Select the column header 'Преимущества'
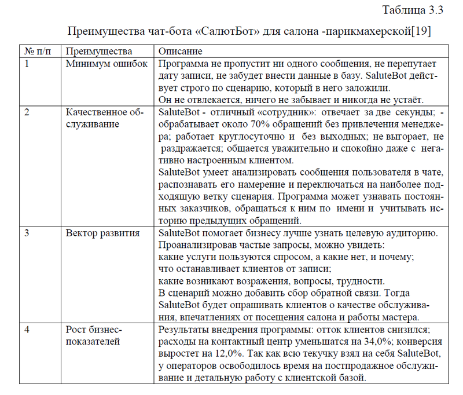click(99, 51)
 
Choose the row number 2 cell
click(27, 112)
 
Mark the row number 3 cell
click(27, 233)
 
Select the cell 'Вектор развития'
click(102, 233)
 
